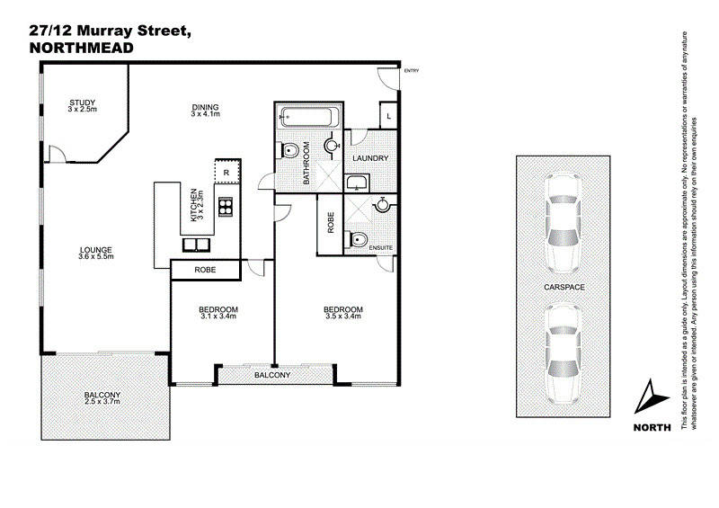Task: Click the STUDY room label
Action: (87, 105)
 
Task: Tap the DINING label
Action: (205, 110)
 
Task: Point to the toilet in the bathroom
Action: (290, 150)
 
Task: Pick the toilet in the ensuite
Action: (359, 239)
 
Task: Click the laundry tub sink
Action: (356, 183)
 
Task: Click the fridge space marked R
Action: (226, 171)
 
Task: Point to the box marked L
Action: (387, 117)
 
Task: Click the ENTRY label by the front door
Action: (412, 71)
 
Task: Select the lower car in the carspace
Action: (564, 352)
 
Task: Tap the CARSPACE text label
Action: (564, 287)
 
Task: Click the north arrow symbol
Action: (652, 396)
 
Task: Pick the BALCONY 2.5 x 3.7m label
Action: (103, 399)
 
